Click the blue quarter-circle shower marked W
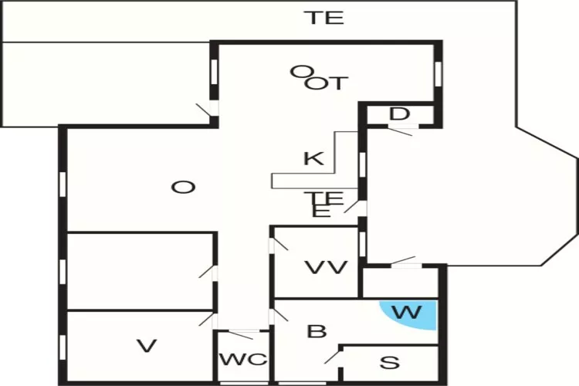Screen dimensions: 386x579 tap(414, 316)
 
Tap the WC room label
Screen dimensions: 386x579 tap(242, 360)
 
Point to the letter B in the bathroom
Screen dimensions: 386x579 tap(317, 332)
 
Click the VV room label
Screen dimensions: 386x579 tap(326, 268)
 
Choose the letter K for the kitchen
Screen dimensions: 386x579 tap(313, 160)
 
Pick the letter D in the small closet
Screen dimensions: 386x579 tap(398, 114)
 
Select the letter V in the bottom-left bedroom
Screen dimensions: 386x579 tap(147, 346)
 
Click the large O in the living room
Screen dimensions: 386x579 tap(181, 187)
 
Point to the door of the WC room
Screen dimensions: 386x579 tap(241, 334)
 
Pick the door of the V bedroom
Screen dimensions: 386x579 tap(208, 319)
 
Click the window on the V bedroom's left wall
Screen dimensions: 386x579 tap(63, 347)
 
